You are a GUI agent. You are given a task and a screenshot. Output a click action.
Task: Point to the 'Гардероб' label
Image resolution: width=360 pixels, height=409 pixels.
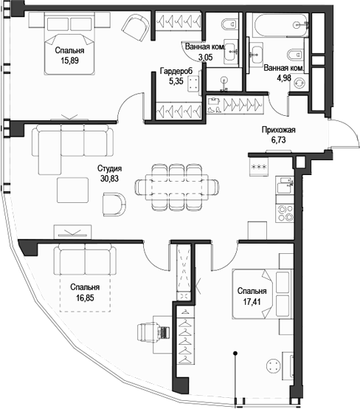tap(176, 72)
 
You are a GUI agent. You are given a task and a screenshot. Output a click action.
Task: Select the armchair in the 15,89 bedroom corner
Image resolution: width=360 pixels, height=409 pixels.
tap(136, 28)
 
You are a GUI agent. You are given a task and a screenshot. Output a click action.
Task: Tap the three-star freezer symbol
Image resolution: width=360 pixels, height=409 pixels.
tap(259, 168)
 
